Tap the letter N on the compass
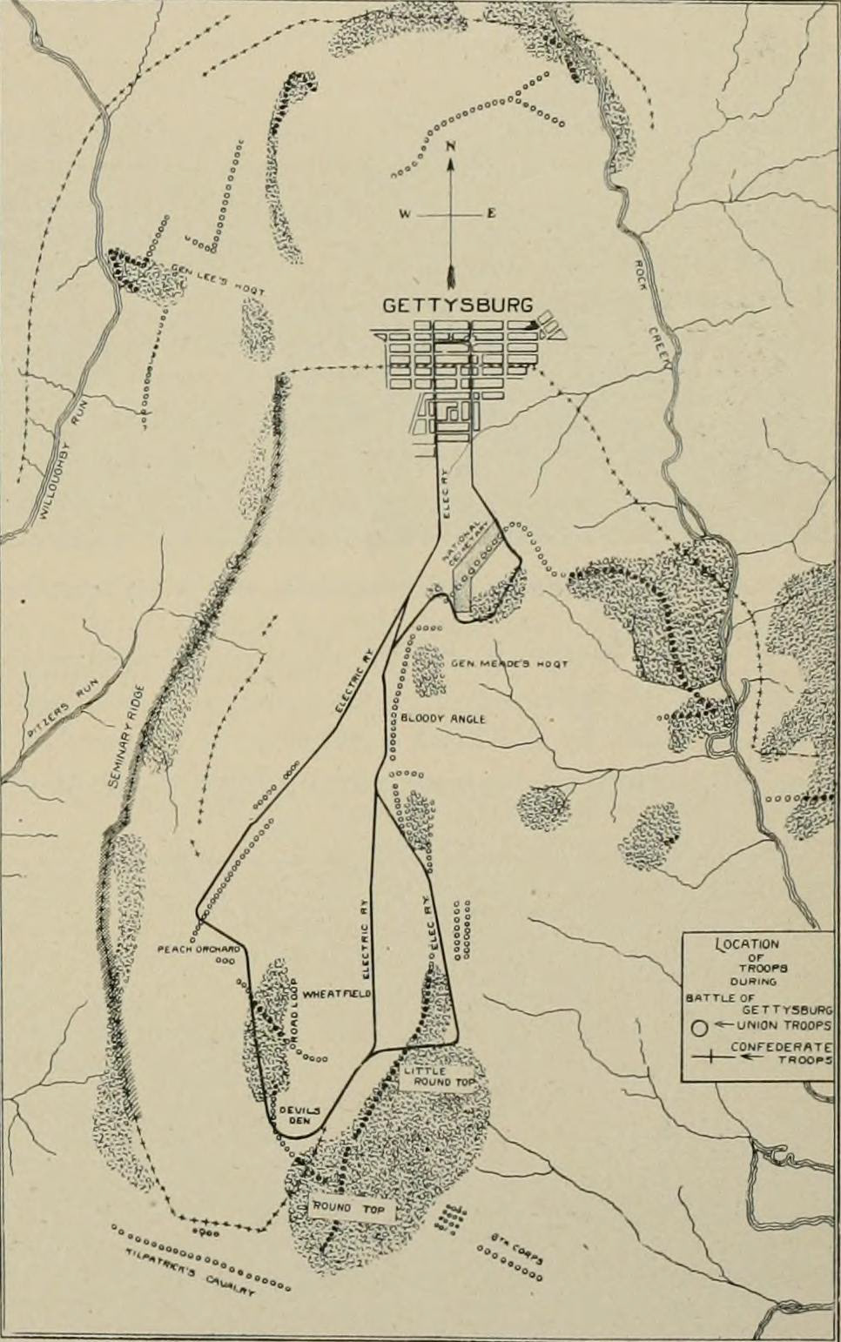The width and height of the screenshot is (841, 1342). [x=450, y=146]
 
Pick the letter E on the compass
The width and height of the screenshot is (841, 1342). [x=490, y=214]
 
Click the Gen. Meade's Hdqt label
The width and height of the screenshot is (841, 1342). [x=508, y=664]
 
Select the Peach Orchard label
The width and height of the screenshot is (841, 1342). [x=198, y=949]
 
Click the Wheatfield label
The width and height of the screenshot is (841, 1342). [x=339, y=993]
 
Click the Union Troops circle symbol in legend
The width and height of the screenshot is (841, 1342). [x=698, y=1027]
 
